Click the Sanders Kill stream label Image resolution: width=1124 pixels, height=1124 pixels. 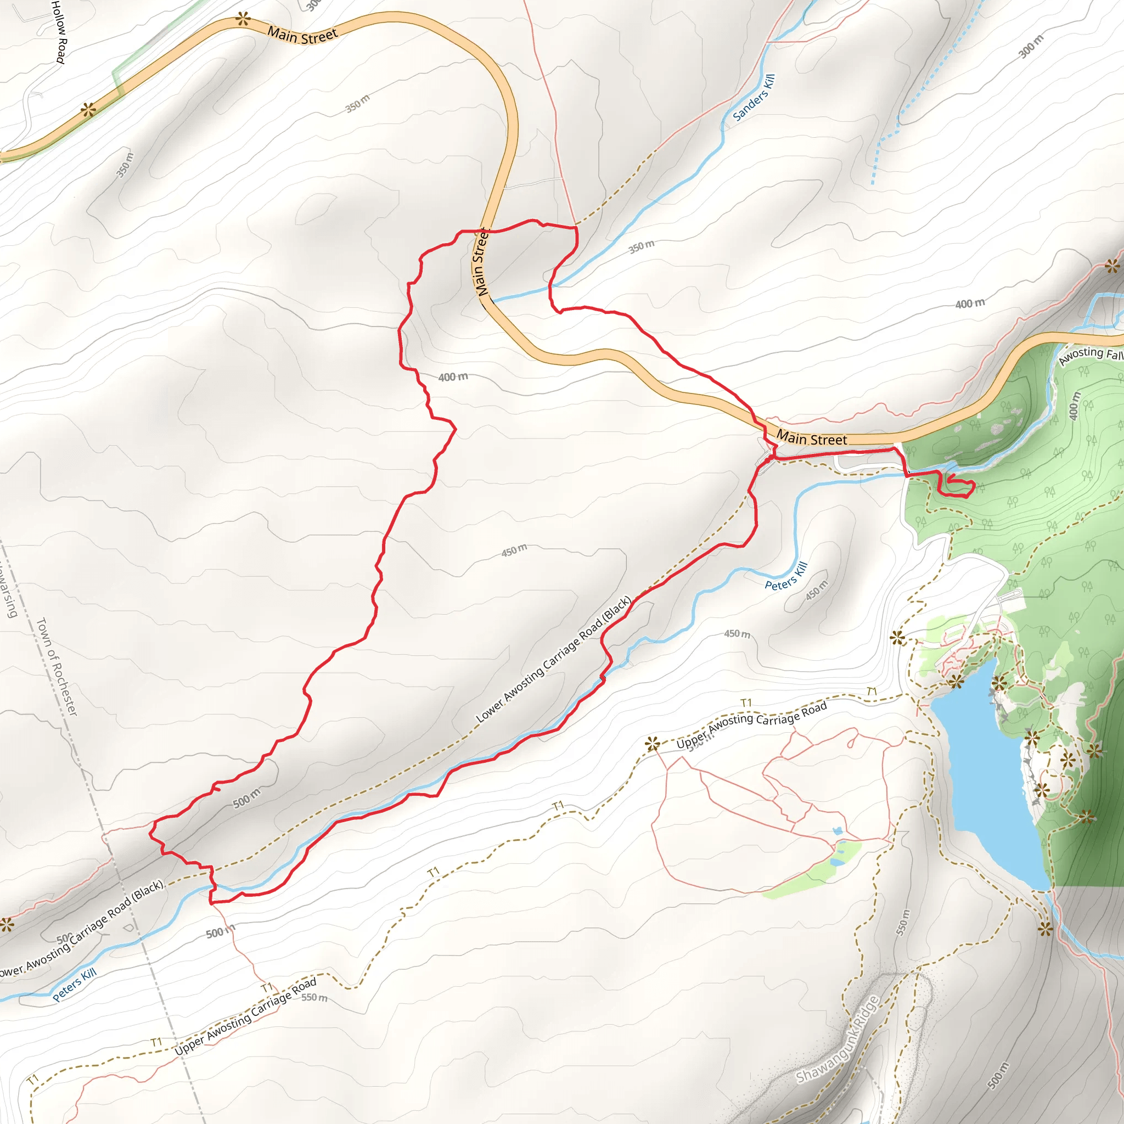tap(754, 97)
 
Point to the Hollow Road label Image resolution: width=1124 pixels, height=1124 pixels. tap(59, 31)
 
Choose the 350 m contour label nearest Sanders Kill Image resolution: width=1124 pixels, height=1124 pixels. tap(641, 246)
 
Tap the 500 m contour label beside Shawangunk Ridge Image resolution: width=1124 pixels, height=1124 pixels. tap(998, 1075)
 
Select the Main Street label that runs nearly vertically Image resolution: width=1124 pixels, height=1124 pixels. tap(480, 262)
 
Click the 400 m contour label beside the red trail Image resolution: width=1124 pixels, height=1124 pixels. tap(453, 377)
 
